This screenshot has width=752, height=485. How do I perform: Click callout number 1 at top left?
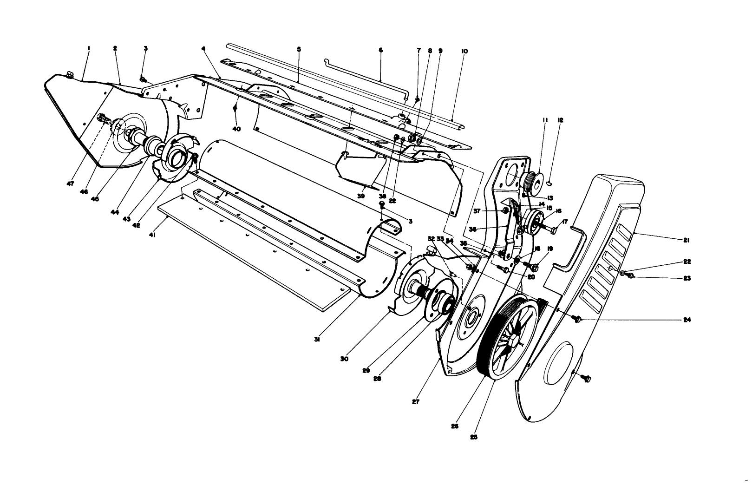tap(88, 48)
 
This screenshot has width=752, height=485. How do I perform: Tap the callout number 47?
tap(70, 184)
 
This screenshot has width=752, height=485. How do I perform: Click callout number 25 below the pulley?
tap(473, 437)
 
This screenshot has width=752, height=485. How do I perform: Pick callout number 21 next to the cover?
tap(686, 241)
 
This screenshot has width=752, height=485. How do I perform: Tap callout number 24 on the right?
tap(687, 320)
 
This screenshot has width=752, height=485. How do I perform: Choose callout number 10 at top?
tap(464, 52)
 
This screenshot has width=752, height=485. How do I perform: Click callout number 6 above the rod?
tap(380, 50)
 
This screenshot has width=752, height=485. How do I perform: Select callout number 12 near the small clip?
tap(560, 120)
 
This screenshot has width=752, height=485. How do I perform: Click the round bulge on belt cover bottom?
tap(564, 358)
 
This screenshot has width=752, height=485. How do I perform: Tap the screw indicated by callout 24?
tap(578, 319)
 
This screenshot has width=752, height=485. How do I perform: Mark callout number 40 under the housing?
tap(237, 130)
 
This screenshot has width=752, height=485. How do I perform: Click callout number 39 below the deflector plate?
tap(361, 196)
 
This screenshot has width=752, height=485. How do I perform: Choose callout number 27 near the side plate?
tap(416, 401)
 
